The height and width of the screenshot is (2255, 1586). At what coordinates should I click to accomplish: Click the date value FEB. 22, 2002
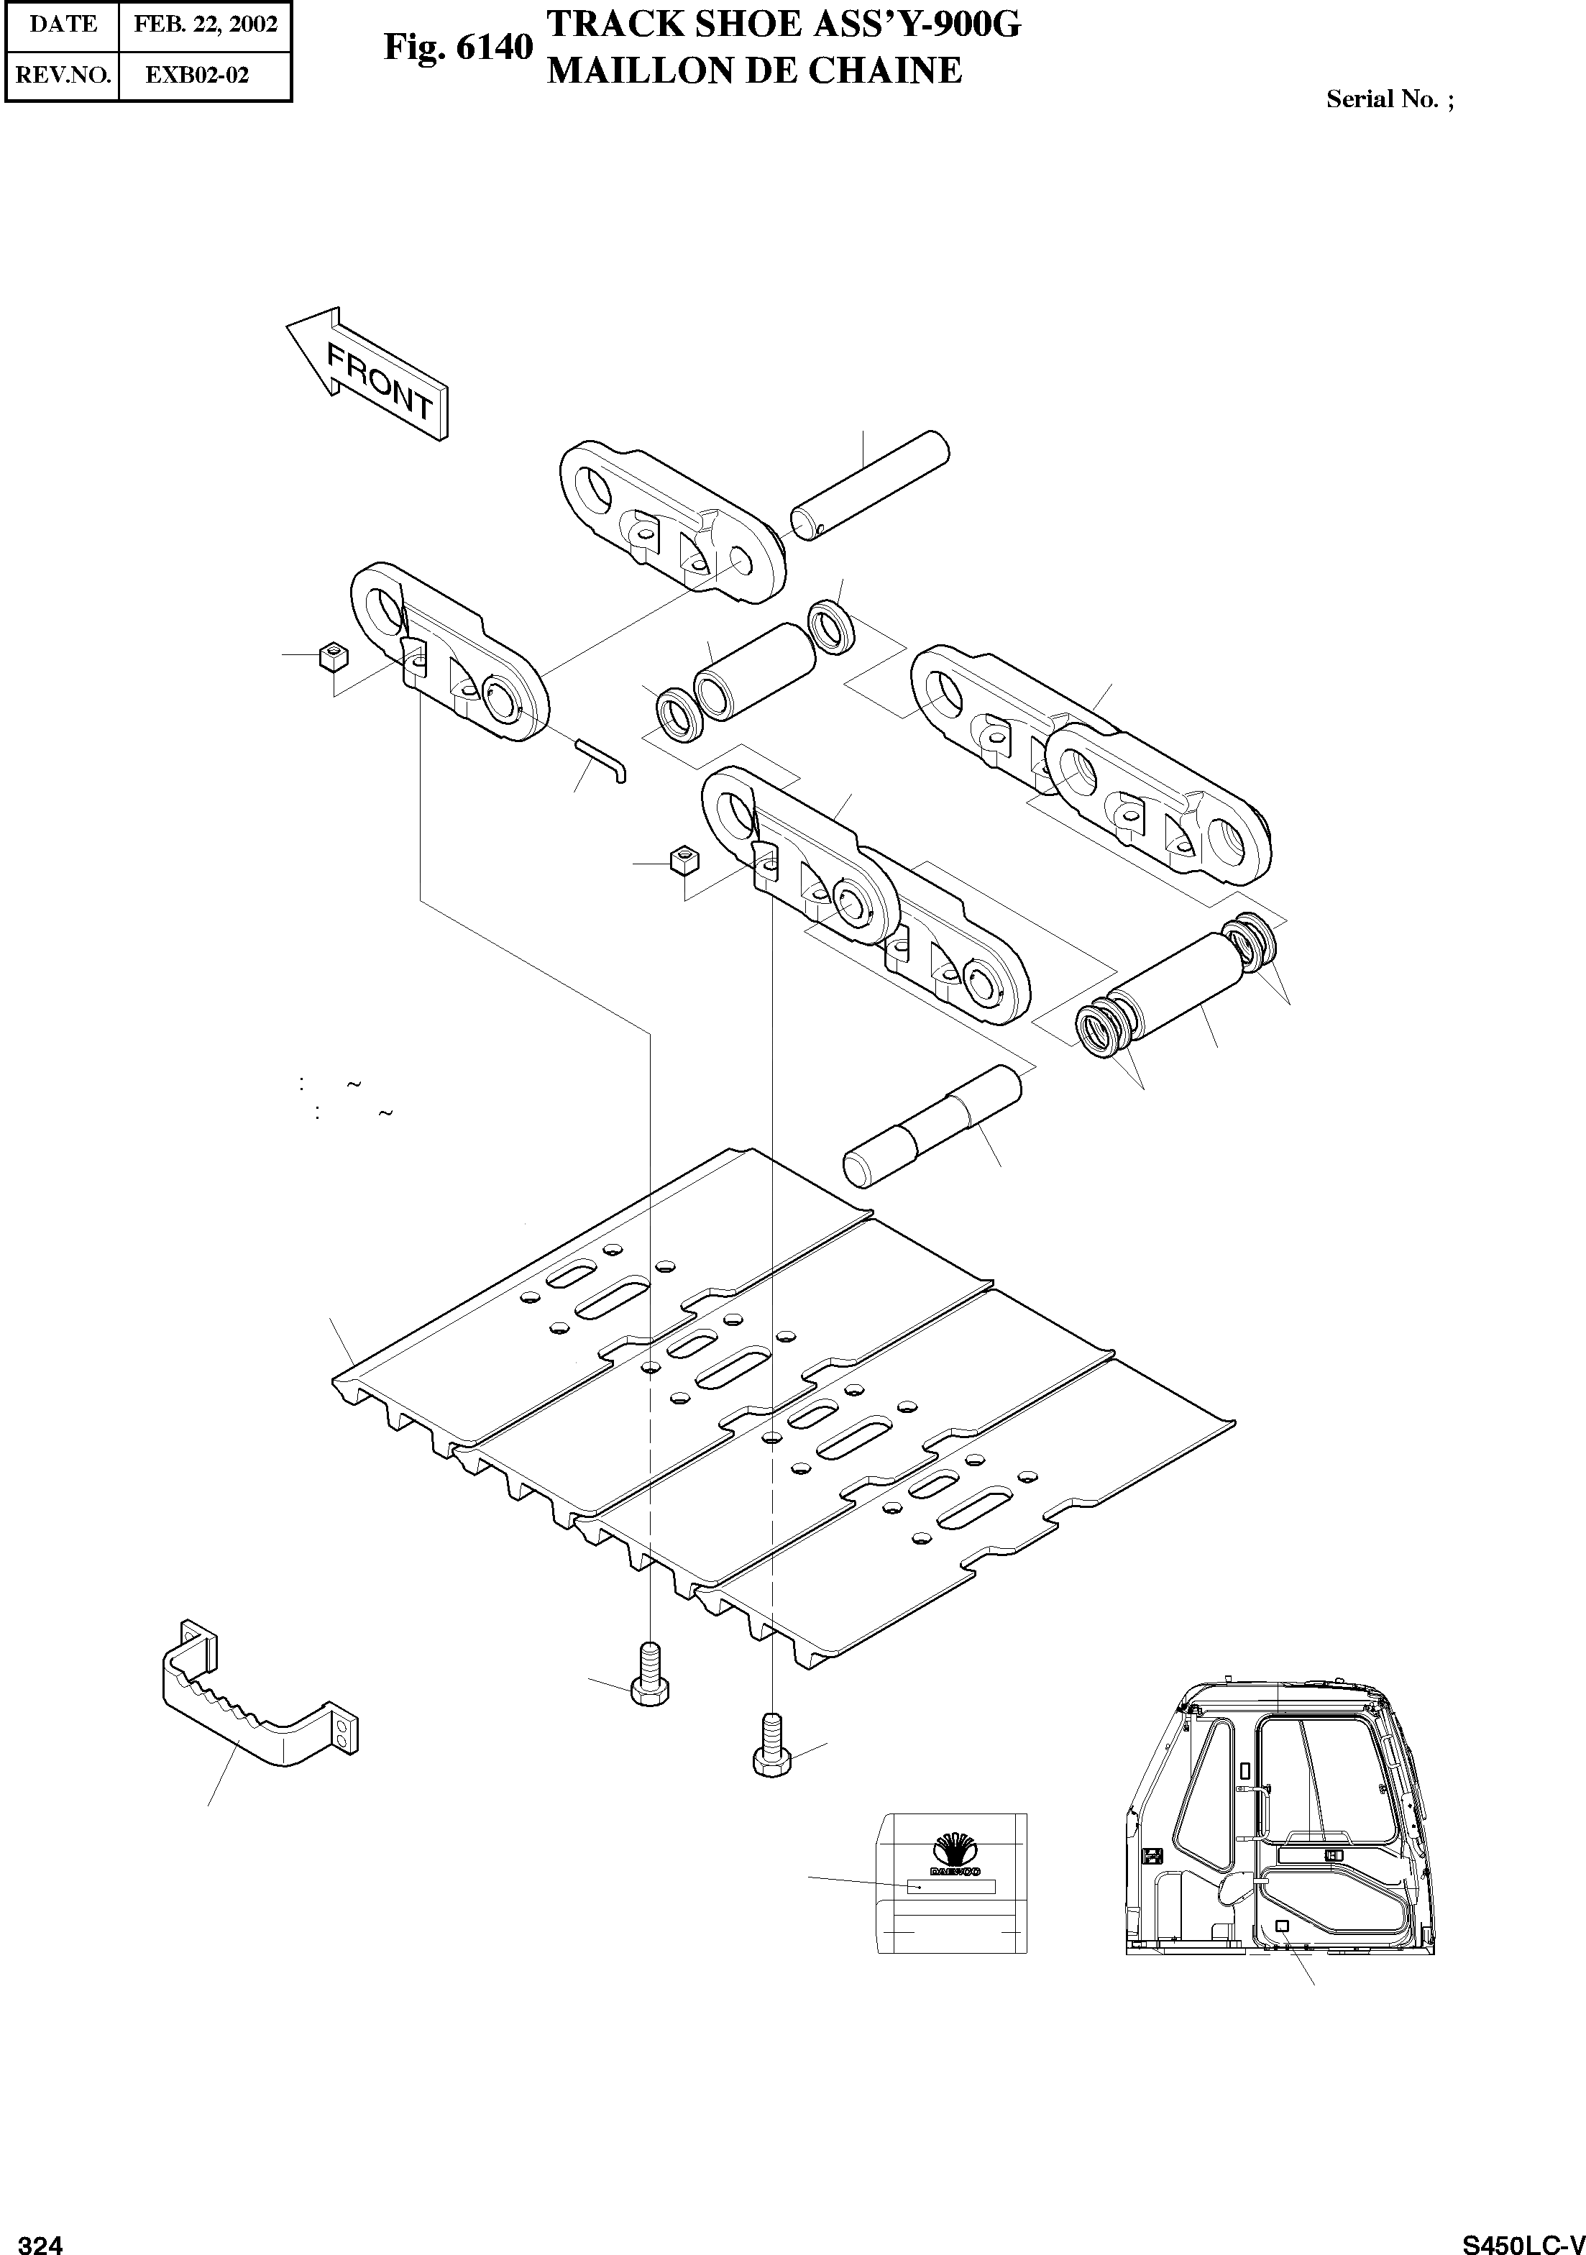(205, 24)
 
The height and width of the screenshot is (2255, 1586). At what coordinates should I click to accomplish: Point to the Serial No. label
(1388, 99)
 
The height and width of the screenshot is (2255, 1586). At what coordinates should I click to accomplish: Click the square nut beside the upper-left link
(334, 655)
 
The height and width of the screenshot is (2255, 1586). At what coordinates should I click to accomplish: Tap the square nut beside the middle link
(684, 859)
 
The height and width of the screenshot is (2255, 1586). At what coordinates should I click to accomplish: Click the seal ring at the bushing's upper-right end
(830, 626)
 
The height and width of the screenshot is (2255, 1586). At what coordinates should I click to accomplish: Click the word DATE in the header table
(63, 24)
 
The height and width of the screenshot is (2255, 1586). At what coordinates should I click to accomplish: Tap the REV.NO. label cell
(63, 75)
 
